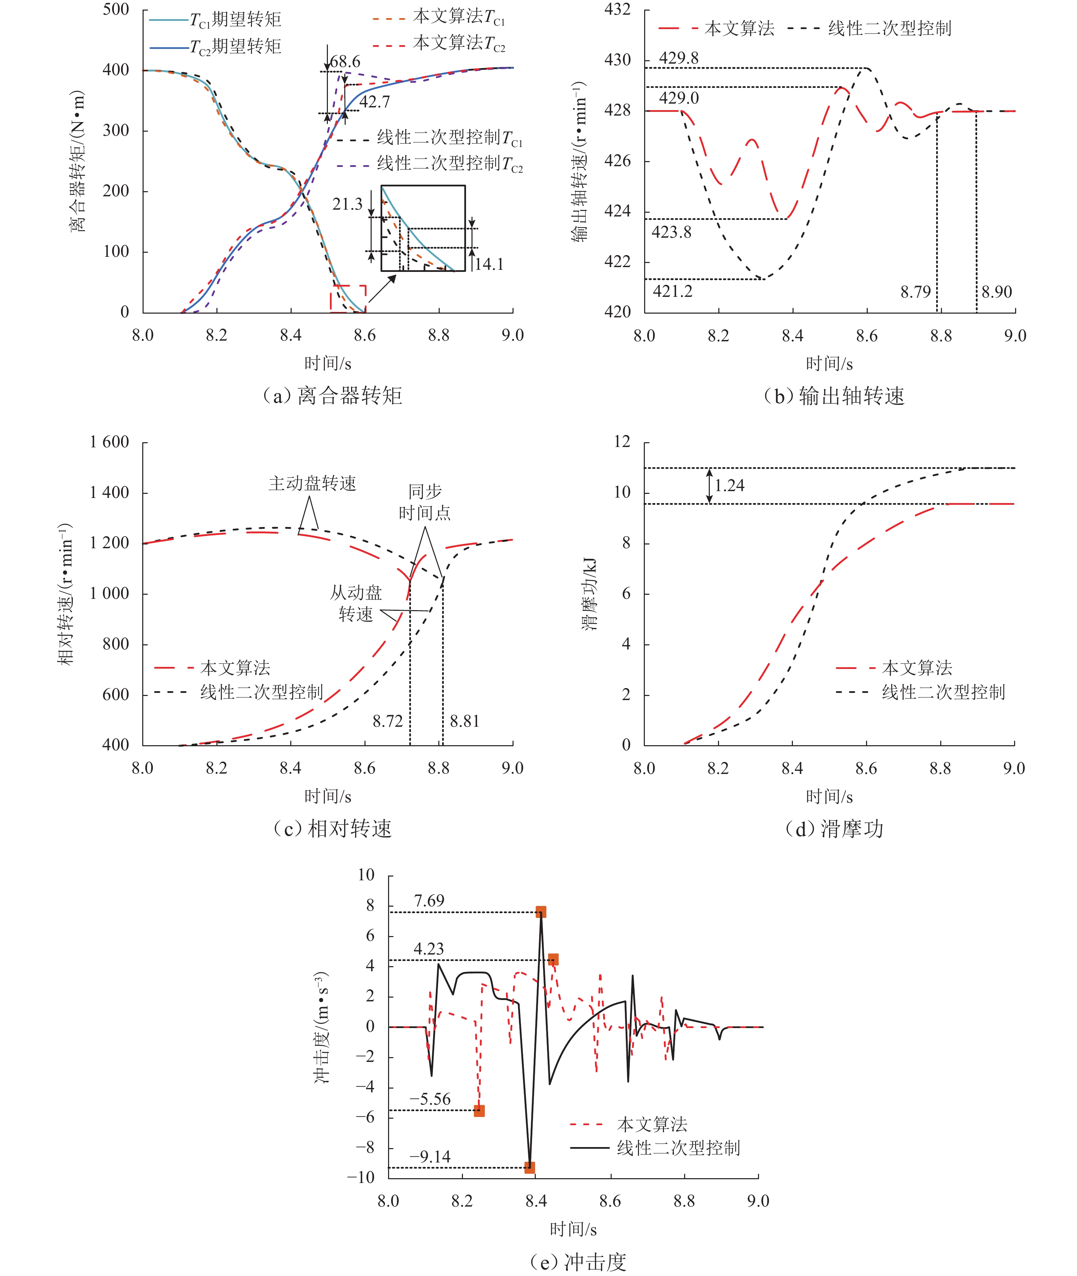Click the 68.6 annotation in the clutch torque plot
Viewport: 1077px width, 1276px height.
[x=346, y=62]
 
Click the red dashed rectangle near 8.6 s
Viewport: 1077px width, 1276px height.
[x=348, y=299]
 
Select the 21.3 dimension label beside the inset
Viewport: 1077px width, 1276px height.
[x=347, y=204]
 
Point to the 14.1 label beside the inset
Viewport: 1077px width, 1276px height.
[x=489, y=264]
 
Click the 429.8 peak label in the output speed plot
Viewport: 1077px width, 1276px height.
[x=678, y=58]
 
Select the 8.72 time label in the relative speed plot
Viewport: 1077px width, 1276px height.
[x=388, y=721]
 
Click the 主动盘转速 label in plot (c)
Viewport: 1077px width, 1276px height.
[x=312, y=483]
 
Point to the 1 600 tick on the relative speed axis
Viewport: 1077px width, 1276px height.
[x=109, y=442]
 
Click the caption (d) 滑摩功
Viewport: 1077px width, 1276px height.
[x=834, y=828]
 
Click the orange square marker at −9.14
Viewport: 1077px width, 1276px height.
[x=529, y=1167]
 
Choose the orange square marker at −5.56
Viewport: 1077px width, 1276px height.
[x=479, y=1110]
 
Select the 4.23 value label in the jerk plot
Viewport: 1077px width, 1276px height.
[x=429, y=949]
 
